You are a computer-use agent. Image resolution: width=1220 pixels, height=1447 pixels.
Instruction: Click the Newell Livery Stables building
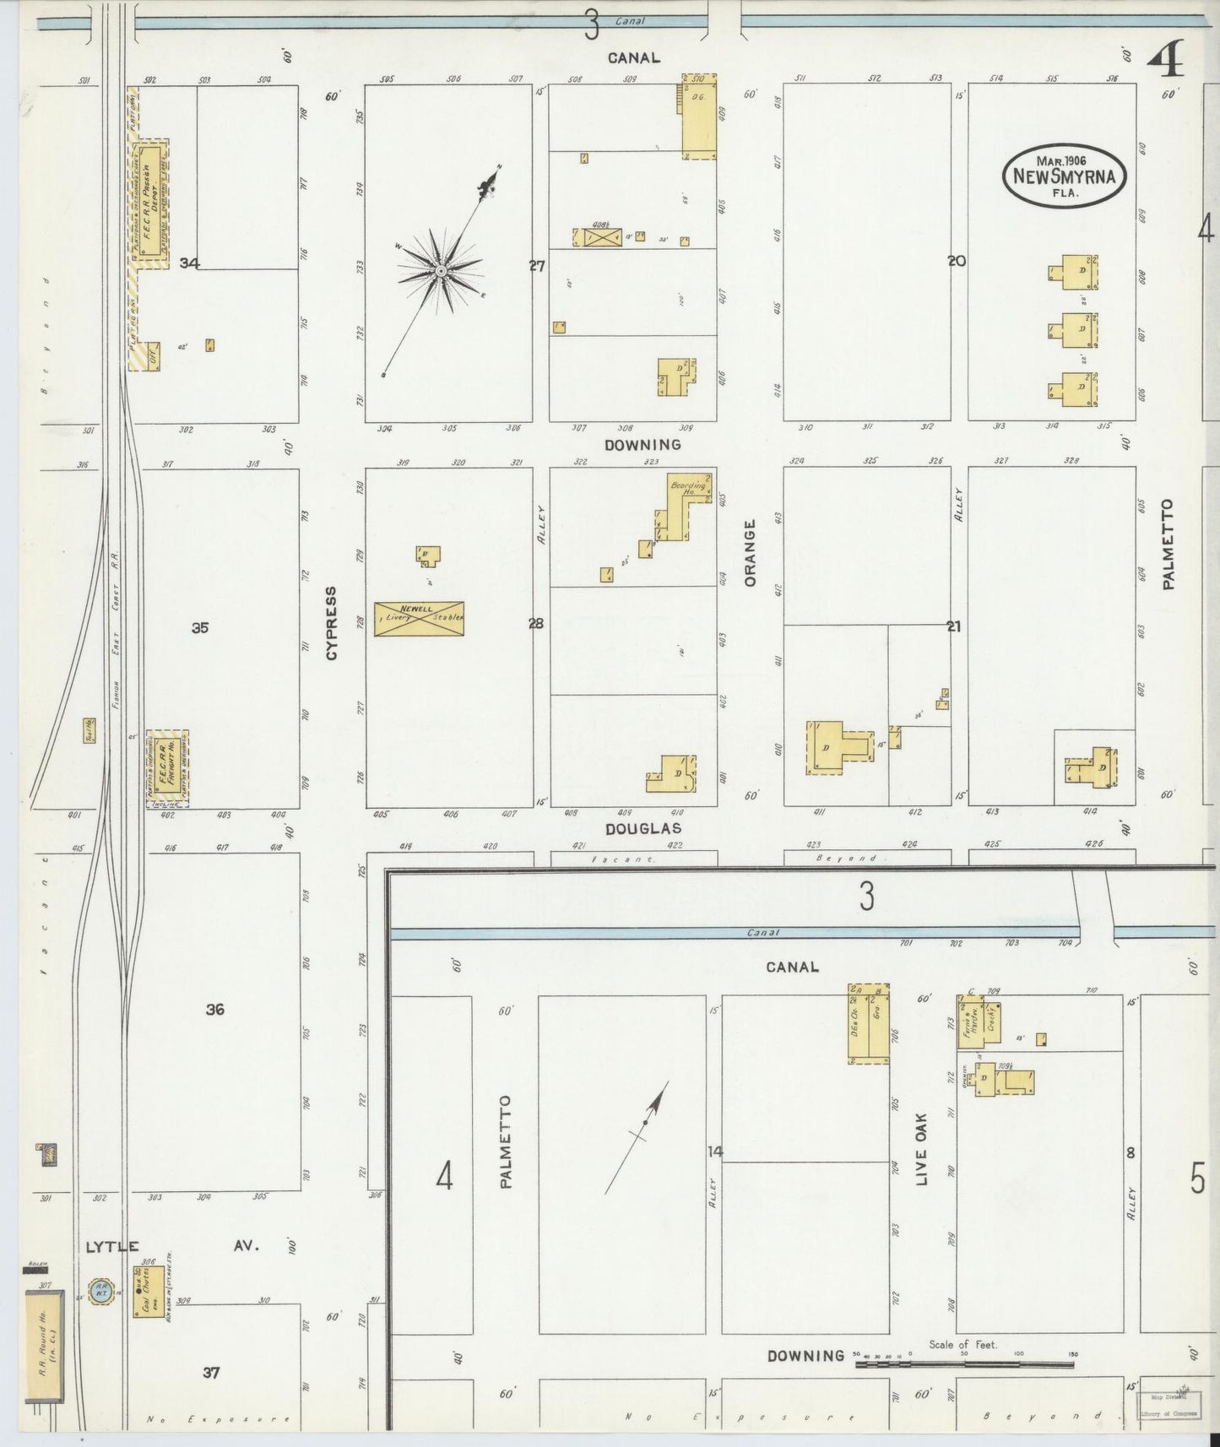pos(419,618)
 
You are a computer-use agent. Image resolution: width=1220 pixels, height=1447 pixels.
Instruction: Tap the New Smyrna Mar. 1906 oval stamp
pos(1064,176)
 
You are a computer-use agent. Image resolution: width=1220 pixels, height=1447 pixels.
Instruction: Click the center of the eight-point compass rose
pos(440,271)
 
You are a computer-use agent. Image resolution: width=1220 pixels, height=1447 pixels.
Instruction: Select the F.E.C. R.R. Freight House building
pos(167,767)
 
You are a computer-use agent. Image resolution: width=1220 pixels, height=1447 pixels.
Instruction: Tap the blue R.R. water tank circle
pos(100,1291)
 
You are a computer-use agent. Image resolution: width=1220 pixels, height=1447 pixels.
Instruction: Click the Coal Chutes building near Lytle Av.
pos(149,1291)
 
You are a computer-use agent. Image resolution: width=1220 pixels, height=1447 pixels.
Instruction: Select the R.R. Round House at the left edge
pos(45,1346)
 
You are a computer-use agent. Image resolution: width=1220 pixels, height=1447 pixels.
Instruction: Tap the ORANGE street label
pos(750,553)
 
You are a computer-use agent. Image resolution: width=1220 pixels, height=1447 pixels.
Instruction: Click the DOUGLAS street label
pos(643,829)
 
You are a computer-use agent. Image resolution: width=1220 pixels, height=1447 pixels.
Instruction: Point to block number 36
pos(215,1009)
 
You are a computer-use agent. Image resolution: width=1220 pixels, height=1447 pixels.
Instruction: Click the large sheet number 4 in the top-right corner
pos(1167,59)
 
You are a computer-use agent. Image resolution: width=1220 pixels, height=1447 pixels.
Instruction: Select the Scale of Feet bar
pos(965,1363)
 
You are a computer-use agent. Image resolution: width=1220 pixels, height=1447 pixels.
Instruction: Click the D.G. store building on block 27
pos(699,118)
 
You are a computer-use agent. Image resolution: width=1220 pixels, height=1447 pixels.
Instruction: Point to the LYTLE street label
pos(111,1246)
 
